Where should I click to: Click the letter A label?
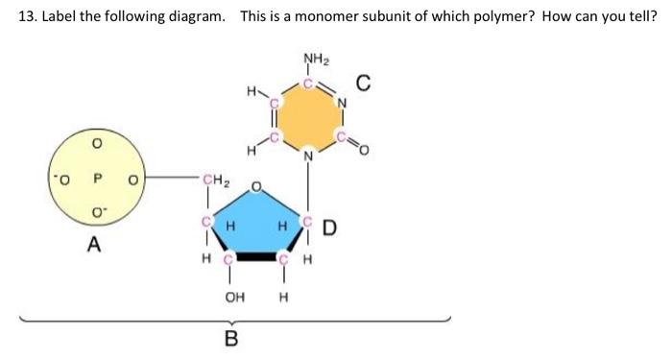(x=93, y=245)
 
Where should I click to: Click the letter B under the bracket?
(x=230, y=337)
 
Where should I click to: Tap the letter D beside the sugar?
(x=329, y=228)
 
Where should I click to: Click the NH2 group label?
(x=313, y=59)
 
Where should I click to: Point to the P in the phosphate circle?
(x=95, y=177)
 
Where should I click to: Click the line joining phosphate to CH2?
(x=169, y=178)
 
